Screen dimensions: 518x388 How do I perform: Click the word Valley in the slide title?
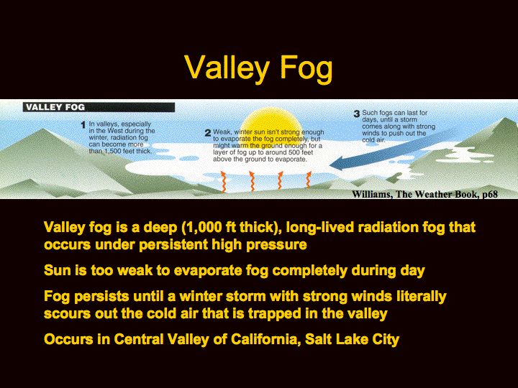tap(227, 68)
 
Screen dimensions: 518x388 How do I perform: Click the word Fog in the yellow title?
tap(306, 69)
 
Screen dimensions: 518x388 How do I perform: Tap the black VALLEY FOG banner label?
tap(99, 107)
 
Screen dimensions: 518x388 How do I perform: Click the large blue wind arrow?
tap(393, 149)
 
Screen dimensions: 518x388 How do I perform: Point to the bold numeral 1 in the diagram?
tap(83, 125)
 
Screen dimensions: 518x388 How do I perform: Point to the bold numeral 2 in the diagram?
tap(208, 133)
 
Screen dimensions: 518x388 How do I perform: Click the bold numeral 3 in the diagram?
tap(357, 114)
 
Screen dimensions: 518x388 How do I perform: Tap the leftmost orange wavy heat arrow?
tap(223, 182)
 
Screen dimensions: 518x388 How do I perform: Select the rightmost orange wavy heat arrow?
tap(309, 180)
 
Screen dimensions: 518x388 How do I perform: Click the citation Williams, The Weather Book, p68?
tap(425, 194)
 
